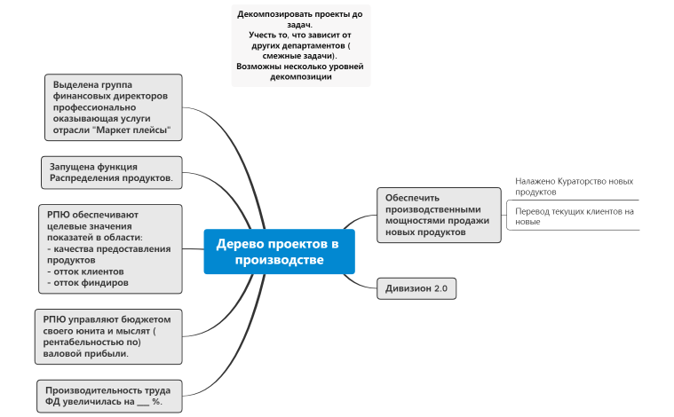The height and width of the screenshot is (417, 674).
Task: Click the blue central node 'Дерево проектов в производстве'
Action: pos(279,251)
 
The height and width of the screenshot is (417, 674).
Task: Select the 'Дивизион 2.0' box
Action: pos(416,289)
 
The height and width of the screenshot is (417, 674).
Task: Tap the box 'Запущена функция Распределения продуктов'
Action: pos(112,172)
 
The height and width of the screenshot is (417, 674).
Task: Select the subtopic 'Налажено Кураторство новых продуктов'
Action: pos(574,186)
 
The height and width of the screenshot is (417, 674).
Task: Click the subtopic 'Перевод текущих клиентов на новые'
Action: pos(574,216)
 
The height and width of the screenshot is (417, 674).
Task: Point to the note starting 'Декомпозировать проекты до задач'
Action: pos(300,45)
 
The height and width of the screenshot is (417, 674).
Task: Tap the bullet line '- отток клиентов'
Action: pos(86,271)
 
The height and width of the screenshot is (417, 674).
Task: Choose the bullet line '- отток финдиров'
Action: pos(88,282)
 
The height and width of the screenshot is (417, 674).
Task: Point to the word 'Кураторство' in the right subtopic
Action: pos(579,181)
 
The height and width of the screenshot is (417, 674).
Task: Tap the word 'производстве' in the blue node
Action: pos(279,261)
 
